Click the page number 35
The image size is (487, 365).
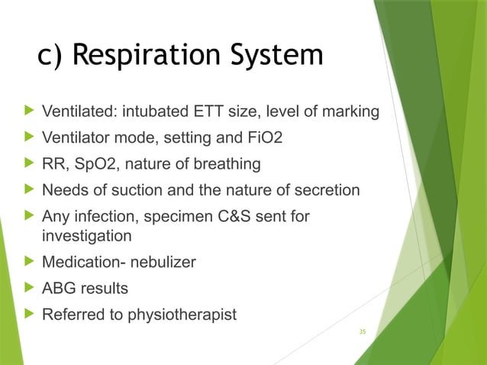click(363, 331)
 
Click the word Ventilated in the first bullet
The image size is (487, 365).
click(75, 113)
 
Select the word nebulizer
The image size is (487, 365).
click(161, 262)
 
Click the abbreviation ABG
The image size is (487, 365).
click(56, 288)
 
